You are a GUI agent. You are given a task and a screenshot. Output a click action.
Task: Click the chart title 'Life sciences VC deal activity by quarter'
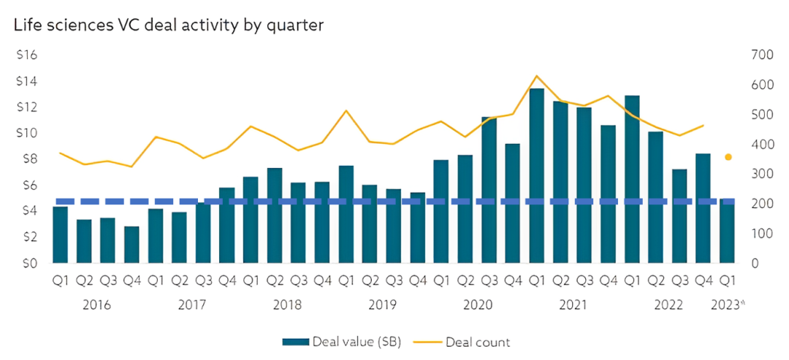[168, 25]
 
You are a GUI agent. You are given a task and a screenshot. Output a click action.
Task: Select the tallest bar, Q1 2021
[537, 175]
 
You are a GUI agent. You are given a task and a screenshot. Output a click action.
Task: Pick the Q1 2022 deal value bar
[632, 179]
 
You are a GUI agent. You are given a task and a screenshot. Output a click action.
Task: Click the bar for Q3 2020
[489, 190]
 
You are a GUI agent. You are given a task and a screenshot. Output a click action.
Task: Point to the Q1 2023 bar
[728, 231]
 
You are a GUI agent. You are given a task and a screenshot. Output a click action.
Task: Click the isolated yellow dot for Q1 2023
[728, 157]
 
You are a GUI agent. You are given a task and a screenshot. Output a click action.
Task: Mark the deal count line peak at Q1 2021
[537, 76]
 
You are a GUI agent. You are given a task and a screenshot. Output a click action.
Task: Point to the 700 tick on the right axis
[761, 55]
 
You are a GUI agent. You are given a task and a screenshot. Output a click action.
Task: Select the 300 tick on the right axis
[761, 174]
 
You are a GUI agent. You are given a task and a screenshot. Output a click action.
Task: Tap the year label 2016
[96, 304]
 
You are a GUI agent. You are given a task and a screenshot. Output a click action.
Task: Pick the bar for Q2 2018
[275, 215]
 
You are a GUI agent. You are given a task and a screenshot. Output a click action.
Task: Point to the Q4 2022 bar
[704, 208]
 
